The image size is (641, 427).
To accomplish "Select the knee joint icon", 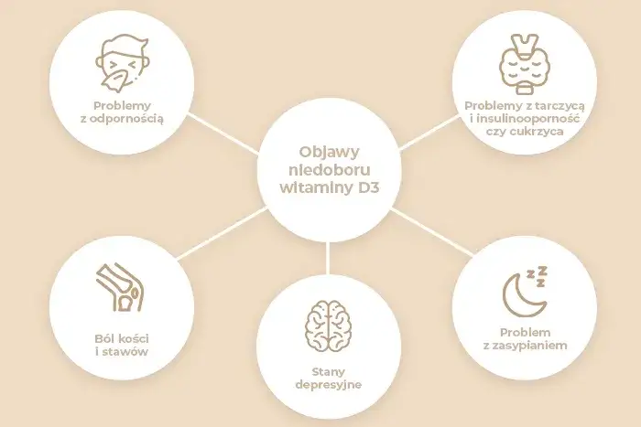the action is point(120,287).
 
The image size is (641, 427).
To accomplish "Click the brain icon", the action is point(328,327).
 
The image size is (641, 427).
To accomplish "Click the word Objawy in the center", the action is point(329,153).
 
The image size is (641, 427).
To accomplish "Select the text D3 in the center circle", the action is point(368,187).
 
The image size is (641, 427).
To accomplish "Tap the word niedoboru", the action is point(329,169).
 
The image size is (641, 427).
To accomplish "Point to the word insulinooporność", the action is point(527,119).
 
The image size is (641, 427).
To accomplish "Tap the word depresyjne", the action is point(328,385).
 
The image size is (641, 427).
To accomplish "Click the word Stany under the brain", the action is point(328,372).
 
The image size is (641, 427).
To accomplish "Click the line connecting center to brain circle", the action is point(328,258).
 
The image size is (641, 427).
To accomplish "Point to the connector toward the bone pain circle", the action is point(223,233).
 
